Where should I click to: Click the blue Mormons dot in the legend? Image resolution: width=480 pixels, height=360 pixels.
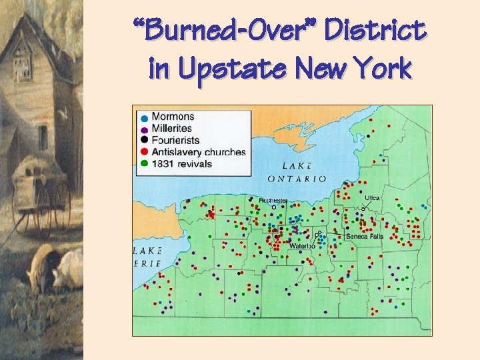[x=144, y=118]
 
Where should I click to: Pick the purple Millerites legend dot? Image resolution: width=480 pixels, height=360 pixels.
[x=144, y=129]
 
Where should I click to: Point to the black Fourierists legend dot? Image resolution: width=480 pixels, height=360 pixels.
[x=144, y=140]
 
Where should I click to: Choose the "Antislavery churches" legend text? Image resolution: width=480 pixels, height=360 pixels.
[x=199, y=152]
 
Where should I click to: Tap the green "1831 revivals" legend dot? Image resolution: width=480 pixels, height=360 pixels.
[x=144, y=163]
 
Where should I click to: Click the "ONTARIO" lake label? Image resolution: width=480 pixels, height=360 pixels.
[x=297, y=179]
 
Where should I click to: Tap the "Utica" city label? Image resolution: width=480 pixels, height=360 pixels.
[x=372, y=198]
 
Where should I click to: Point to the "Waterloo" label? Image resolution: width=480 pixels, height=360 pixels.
[x=301, y=246]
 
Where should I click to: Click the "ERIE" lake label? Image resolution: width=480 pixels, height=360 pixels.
[x=147, y=264]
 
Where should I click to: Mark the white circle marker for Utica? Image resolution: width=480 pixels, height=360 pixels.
[x=363, y=208]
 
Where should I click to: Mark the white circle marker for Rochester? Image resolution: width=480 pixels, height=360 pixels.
[x=273, y=207]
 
